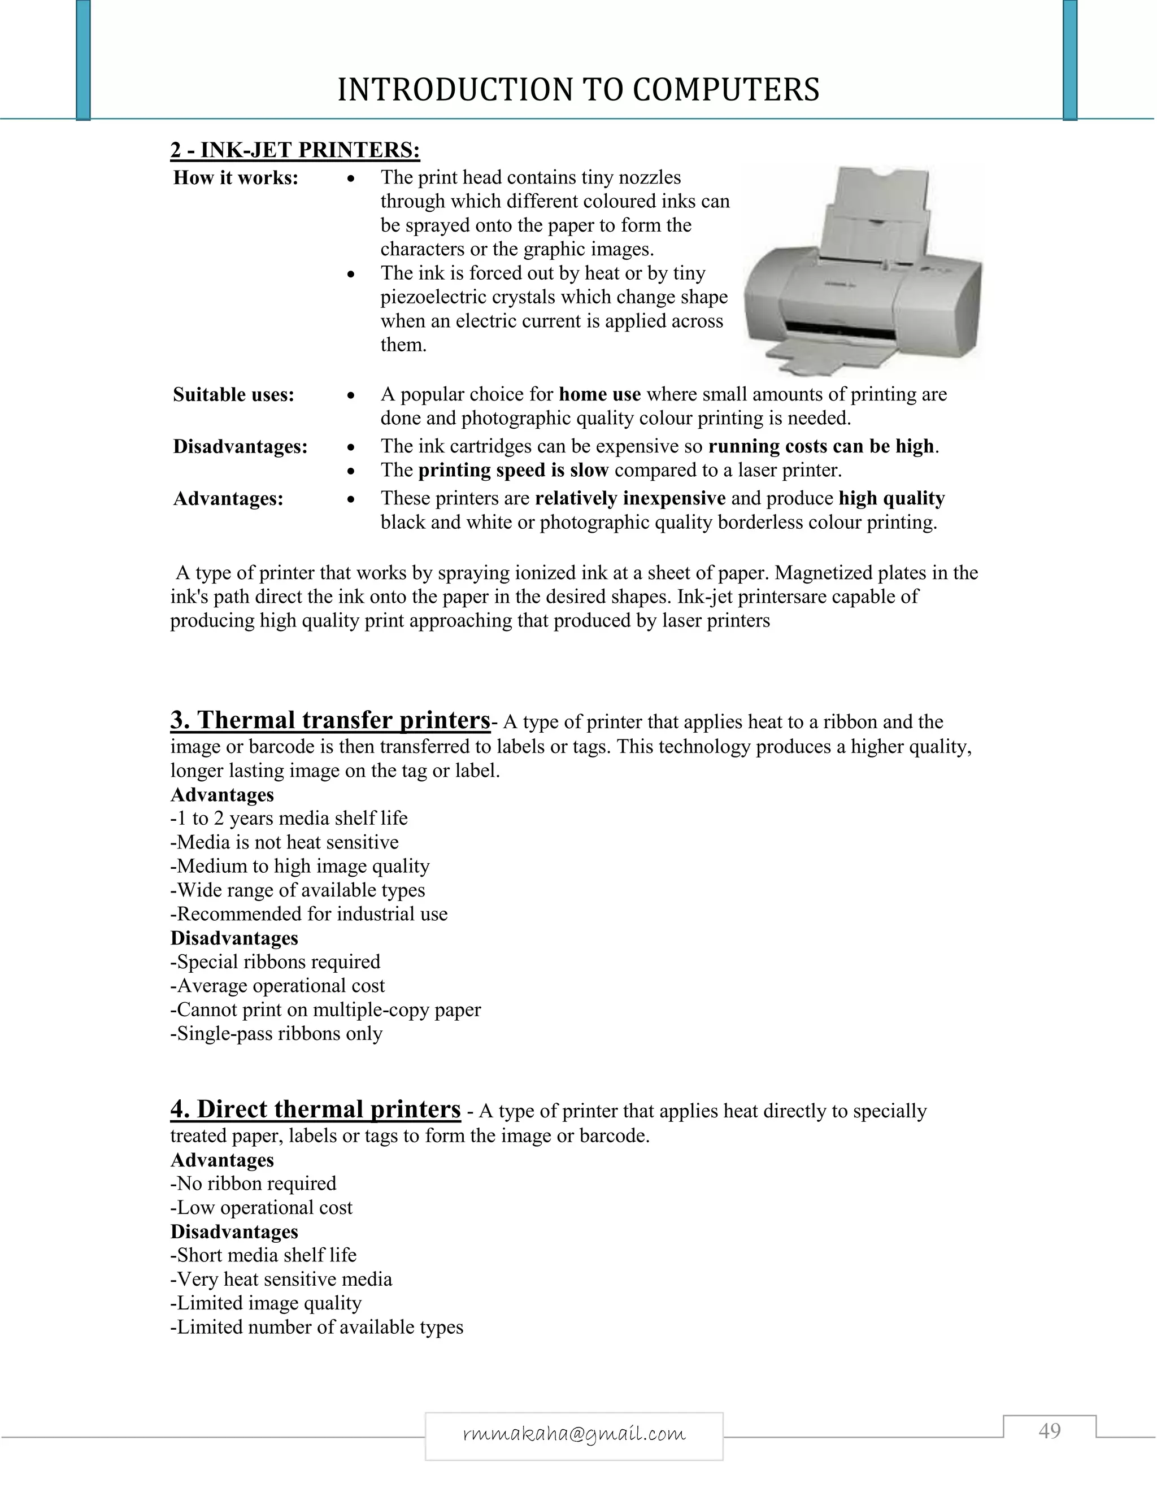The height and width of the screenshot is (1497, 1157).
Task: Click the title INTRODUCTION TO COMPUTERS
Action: pyautogui.click(x=578, y=90)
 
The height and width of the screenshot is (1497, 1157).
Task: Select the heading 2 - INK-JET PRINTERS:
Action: pyautogui.click(x=295, y=150)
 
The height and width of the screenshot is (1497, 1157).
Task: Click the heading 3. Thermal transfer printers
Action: pyautogui.click(x=330, y=720)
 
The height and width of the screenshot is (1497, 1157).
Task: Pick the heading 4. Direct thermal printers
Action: pyautogui.click(x=315, y=1109)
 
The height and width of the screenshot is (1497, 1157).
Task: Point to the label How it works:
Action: pyautogui.click(x=236, y=177)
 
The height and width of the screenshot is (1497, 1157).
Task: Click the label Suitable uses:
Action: pyautogui.click(x=234, y=395)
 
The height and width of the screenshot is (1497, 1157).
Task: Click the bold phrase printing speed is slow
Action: pyautogui.click(x=513, y=470)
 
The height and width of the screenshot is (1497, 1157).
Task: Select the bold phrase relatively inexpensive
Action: pyautogui.click(x=630, y=498)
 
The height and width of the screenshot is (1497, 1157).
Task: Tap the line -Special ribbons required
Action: pyautogui.click(x=275, y=961)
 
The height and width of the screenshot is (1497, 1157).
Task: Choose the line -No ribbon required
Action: pyautogui.click(x=254, y=1183)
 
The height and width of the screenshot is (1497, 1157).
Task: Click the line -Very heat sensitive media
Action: pyautogui.click(x=281, y=1279)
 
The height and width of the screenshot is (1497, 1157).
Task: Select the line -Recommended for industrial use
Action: pyautogui.click(x=308, y=913)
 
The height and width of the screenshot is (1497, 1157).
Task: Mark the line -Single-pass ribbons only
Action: pyautogui.click(x=276, y=1034)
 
